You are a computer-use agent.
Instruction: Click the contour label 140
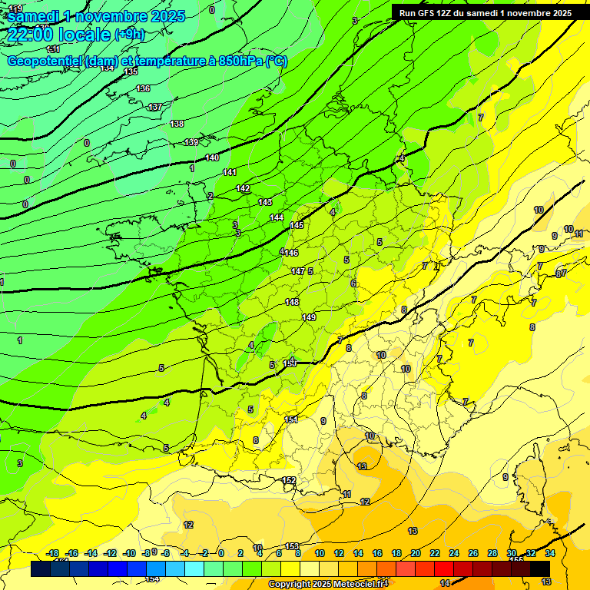tap(212, 157)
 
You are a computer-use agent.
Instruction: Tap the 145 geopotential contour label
tap(297, 225)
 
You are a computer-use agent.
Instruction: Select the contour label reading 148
tap(292, 302)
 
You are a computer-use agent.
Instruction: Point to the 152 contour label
tap(289, 480)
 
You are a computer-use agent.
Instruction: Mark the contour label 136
tap(143, 89)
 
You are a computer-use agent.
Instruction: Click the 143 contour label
tap(265, 202)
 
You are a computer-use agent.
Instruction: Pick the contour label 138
tap(177, 124)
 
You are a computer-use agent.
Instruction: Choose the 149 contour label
tap(309, 317)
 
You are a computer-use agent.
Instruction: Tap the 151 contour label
tap(291, 419)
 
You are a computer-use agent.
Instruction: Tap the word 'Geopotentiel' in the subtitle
tap(44, 61)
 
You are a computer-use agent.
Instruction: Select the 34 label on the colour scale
tap(549, 553)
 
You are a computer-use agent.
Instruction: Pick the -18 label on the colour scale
tap(53, 553)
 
